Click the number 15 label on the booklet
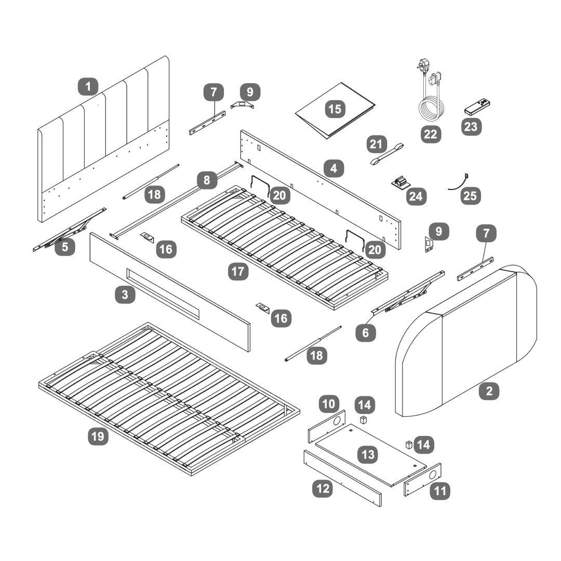tap(335, 110)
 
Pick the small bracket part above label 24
tap(400, 183)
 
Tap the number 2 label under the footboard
tap(489, 391)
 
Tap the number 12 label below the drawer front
tap(322, 489)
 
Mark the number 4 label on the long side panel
tap(333, 168)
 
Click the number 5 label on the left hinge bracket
tap(64, 247)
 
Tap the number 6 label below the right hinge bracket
tap(366, 332)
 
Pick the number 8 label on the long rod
tap(207, 181)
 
